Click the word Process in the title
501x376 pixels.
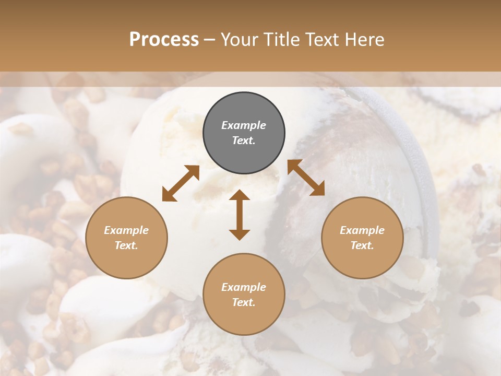pyautogui.click(x=164, y=40)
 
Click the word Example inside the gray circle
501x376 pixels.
pyautogui.click(x=244, y=125)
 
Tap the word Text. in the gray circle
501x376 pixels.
pyautogui.click(x=244, y=141)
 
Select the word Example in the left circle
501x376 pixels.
pyautogui.click(x=126, y=230)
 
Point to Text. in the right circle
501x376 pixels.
pyautogui.click(x=362, y=245)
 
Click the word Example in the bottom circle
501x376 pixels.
pyautogui.click(x=244, y=287)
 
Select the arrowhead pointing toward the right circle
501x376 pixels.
pyautogui.click(x=318, y=190)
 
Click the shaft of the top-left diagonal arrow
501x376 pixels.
pyautogui.click(x=181, y=183)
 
